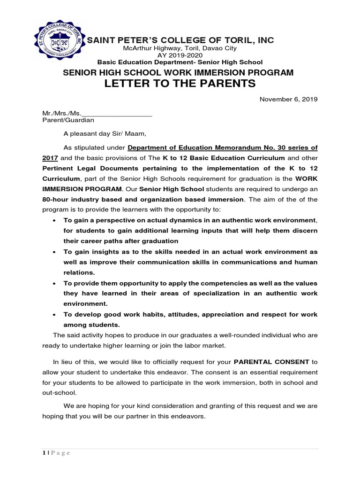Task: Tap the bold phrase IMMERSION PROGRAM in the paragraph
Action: click(82, 189)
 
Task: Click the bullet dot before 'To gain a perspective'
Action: click(55, 220)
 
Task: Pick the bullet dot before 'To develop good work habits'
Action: click(55, 314)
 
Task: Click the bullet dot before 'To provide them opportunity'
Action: click(55, 283)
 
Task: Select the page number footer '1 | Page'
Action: click(56, 453)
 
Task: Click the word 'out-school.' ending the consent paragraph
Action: click(59, 393)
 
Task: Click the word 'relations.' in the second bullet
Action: click(79, 272)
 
